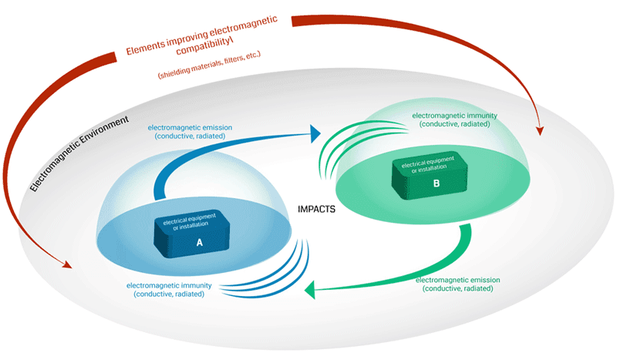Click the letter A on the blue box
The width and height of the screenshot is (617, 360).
click(x=199, y=241)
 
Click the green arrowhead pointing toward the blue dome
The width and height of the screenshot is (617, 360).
click(x=312, y=291)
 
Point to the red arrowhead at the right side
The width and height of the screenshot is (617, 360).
click(x=539, y=129)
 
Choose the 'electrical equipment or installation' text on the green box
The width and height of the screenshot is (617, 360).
click(x=427, y=165)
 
